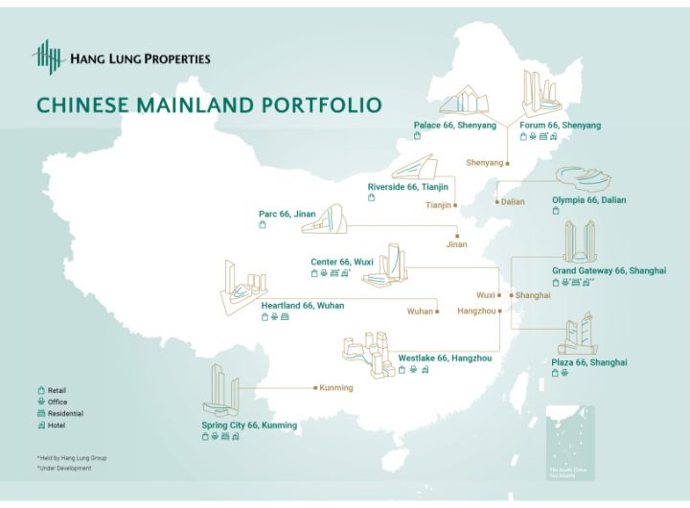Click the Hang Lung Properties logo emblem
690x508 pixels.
(47, 58)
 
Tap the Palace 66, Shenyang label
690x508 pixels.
(455, 126)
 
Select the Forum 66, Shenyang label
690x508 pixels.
(561, 126)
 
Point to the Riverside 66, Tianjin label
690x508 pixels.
(406, 187)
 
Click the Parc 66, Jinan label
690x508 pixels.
(287, 214)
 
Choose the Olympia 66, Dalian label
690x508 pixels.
(589, 200)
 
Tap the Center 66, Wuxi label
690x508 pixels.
(342, 262)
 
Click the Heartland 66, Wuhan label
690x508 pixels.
(302, 306)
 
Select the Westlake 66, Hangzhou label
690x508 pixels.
(445, 358)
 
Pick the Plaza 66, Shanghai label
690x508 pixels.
(589, 362)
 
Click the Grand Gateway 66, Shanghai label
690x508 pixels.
(609, 271)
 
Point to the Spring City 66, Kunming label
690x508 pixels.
(249, 425)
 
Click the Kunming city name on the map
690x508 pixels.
(336, 388)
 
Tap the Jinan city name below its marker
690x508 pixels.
(457, 244)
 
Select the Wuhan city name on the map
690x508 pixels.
(420, 312)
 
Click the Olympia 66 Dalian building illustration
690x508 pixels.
(586, 179)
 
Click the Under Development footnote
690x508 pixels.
(65, 468)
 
